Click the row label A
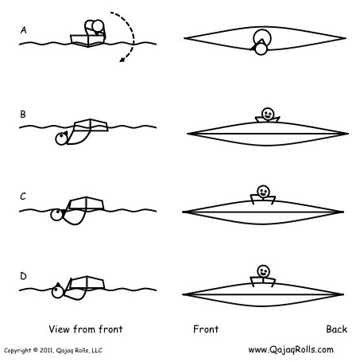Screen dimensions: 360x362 click(24, 30)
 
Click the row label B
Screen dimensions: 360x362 click(23, 114)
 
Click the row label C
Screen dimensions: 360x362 click(23, 197)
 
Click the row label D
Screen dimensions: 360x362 click(23, 276)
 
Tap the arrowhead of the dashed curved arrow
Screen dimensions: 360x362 click(122, 60)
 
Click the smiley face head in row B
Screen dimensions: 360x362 click(267, 114)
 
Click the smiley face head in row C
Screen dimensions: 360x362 click(263, 191)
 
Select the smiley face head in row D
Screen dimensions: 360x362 click(263, 271)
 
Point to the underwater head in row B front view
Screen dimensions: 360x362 click(61, 138)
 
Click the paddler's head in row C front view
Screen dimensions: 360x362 click(56, 215)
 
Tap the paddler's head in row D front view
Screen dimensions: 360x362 click(57, 292)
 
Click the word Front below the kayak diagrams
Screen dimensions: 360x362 click(206, 329)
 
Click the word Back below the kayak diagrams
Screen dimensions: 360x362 click(336, 329)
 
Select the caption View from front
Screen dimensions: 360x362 click(86, 329)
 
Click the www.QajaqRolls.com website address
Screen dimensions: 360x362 click(291, 350)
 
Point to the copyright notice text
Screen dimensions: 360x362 click(53, 350)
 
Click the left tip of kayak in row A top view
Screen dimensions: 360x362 click(184, 38)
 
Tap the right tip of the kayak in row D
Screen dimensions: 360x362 click(343, 294)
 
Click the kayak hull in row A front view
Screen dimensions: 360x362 click(87, 41)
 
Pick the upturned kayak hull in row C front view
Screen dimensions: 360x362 click(86, 203)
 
